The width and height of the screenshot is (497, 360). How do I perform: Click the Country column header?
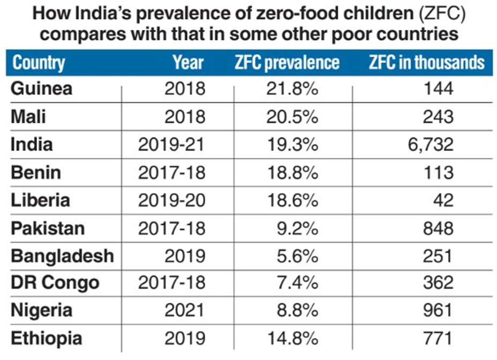click(x=39, y=62)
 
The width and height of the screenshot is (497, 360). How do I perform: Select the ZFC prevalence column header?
click(x=287, y=62)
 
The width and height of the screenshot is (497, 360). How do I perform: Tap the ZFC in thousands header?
click(x=426, y=62)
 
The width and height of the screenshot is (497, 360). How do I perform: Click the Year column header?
click(x=188, y=62)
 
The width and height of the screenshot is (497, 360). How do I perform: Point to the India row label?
click(x=32, y=144)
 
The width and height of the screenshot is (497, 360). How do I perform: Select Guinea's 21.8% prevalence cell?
click(x=292, y=88)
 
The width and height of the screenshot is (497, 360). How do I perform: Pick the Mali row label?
click(x=28, y=116)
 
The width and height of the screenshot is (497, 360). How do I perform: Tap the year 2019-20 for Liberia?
click(x=171, y=200)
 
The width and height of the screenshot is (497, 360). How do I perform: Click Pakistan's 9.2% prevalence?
click(x=297, y=228)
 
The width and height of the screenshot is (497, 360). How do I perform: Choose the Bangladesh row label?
click(x=62, y=256)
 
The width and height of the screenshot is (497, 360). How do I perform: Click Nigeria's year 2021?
click(x=185, y=311)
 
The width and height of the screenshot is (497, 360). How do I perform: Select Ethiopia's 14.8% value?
click(x=292, y=339)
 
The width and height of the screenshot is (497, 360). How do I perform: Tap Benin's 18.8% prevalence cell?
click(x=292, y=172)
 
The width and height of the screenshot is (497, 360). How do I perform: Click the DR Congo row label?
click(x=55, y=283)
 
